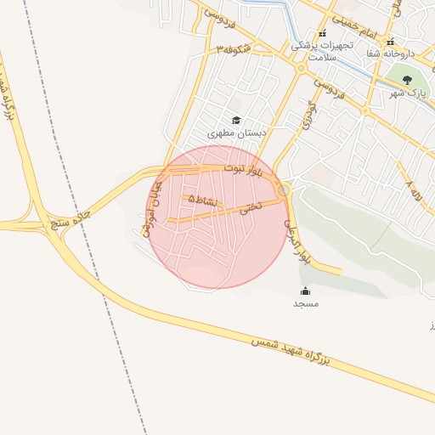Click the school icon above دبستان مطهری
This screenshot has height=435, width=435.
point(236,121)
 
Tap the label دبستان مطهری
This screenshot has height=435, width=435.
point(237,134)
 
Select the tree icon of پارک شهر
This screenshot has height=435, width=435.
point(407,80)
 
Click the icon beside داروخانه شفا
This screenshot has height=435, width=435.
point(390,42)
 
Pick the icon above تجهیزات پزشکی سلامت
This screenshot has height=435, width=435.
point(321,34)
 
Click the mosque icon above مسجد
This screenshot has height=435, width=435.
point(305,291)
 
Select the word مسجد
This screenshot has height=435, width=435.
point(305,303)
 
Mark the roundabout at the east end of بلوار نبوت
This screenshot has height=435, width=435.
point(283,189)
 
